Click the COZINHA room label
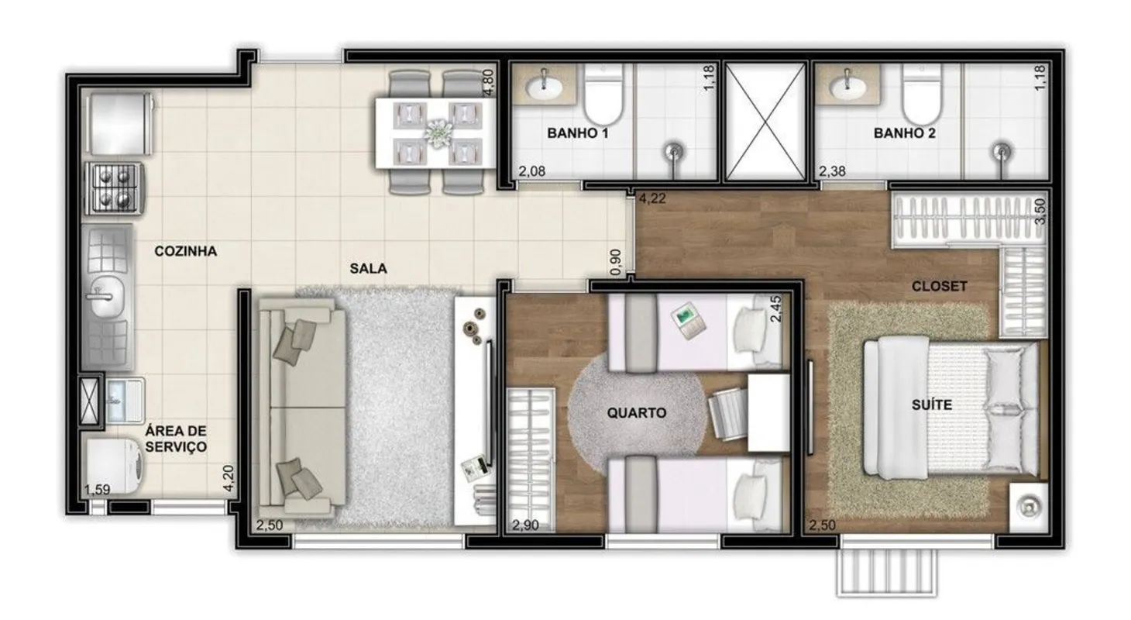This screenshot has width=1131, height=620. point(186,251)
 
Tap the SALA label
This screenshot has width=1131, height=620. point(369,268)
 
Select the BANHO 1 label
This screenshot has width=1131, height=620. point(578,133)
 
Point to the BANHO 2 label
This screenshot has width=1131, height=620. point(904,133)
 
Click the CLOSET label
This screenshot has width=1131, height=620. point(939,287)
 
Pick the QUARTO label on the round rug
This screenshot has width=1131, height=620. point(636,413)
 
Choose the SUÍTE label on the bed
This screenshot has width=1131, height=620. point(932,405)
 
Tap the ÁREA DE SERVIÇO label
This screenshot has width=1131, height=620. point(176,439)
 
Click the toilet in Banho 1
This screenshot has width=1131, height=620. point(604,95)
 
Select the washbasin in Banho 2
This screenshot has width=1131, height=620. point(847,88)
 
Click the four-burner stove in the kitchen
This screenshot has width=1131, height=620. point(115,188)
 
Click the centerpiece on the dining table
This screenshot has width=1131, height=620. point(437,133)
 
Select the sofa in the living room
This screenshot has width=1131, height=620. point(302,407)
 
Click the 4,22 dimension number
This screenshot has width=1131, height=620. point(652,198)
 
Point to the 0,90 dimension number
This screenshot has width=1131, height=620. point(616,263)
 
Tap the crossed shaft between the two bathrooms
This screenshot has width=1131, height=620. point(765,121)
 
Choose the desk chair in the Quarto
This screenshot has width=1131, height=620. point(727,415)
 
